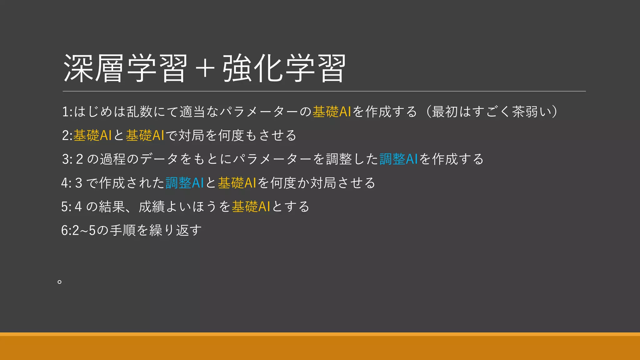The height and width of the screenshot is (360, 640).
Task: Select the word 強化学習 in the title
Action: pos(284,68)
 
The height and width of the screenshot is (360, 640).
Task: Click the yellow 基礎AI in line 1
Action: pos(332,112)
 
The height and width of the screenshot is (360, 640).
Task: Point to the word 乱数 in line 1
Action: pos(139,112)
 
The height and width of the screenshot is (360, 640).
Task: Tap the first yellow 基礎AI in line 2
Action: pos(92,135)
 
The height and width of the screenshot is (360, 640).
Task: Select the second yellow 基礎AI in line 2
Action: pos(145,135)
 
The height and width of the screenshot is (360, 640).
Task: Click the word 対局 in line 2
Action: pos(191,135)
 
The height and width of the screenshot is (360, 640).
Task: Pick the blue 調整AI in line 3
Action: pos(399,159)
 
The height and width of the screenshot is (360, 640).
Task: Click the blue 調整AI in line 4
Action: pos(185,183)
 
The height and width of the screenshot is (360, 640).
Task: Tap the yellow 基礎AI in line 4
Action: pos(237,183)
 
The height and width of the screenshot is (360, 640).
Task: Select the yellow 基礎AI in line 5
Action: pos(251,207)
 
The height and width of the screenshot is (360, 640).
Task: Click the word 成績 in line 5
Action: pos(152,207)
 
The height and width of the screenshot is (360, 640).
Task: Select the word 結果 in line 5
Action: pos(112,207)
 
